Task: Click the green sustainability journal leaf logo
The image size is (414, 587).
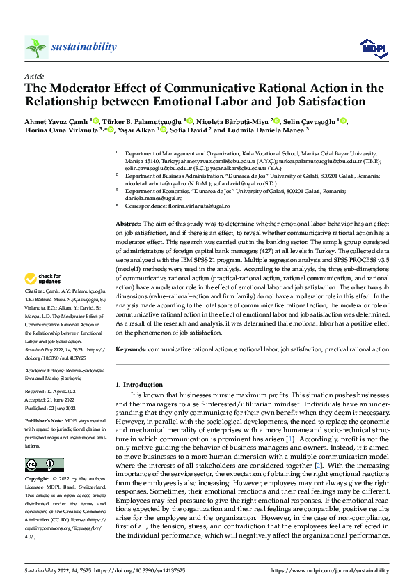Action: (x=36, y=47)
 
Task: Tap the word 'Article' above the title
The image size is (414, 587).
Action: (x=34, y=76)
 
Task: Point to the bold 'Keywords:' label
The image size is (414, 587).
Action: (x=131, y=348)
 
